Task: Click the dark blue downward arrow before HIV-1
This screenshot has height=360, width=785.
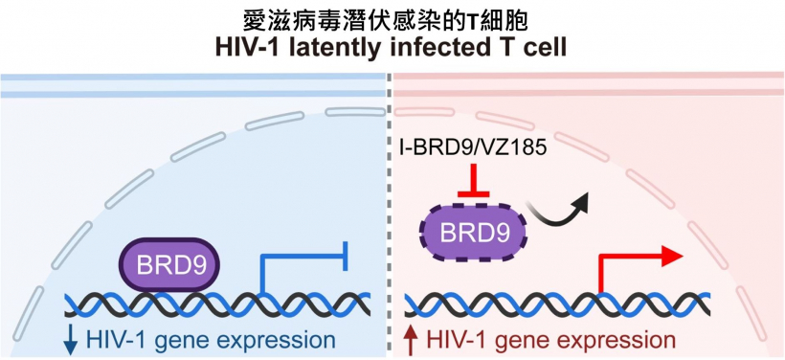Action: point(71,340)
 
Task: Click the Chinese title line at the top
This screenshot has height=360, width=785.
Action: point(392,17)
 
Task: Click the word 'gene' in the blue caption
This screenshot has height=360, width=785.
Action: point(178,340)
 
